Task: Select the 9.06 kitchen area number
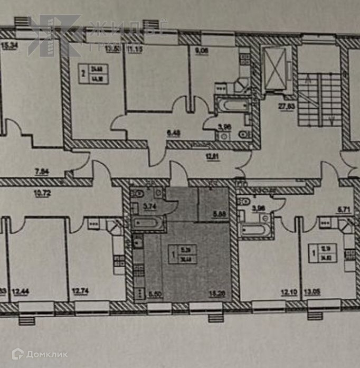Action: pyautogui.click(x=203, y=52)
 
